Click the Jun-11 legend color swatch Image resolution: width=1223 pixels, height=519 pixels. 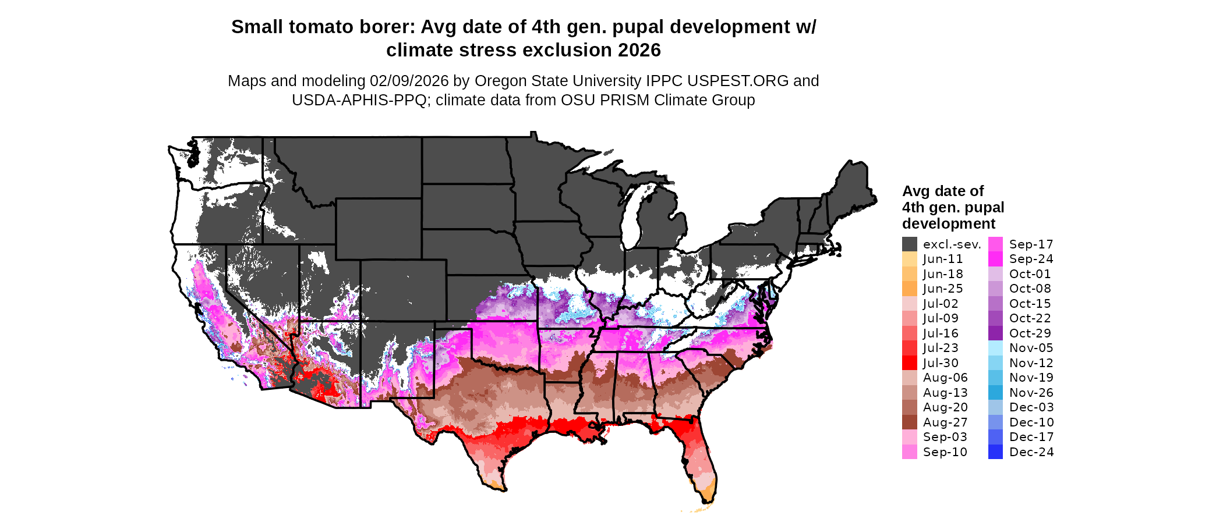(x=910, y=259)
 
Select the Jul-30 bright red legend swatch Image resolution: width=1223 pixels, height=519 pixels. (x=910, y=363)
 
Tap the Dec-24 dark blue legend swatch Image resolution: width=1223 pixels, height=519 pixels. (x=996, y=452)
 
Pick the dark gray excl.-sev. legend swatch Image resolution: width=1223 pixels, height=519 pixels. (x=910, y=244)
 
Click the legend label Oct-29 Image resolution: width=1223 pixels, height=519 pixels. (x=1030, y=333)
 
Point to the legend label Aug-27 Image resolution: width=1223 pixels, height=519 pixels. (x=945, y=422)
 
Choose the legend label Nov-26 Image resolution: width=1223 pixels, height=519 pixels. (x=1031, y=393)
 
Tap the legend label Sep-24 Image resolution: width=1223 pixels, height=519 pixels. (x=1031, y=259)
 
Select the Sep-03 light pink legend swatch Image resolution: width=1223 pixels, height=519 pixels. (x=910, y=437)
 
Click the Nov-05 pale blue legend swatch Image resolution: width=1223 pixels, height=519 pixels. (x=996, y=348)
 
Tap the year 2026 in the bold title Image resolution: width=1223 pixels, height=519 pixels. (x=639, y=51)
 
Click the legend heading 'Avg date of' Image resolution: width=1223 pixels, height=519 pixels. (x=943, y=191)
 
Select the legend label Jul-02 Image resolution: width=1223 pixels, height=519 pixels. (x=941, y=304)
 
